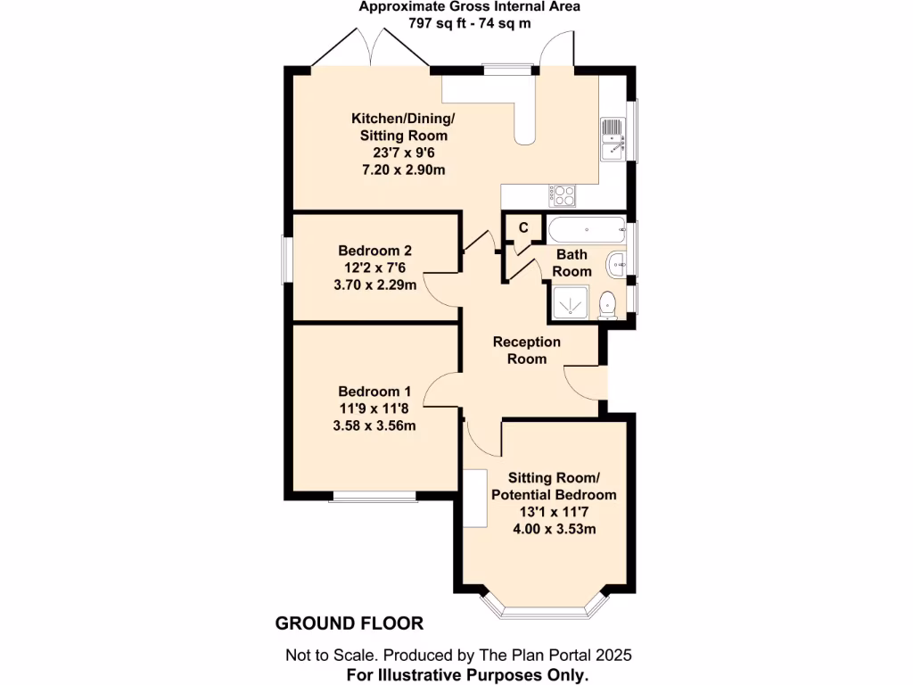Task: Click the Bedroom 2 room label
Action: [374, 251]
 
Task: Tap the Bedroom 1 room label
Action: [374, 392]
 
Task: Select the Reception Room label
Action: [526, 350]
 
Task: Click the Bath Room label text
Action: [572, 262]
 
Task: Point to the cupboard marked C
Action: [523, 227]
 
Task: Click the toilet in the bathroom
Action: [608, 304]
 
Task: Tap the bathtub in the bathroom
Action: [588, 230]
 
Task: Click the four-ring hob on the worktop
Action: [563, 194]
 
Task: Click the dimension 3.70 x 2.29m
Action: [374, 285]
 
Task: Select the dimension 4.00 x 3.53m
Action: [554, 529]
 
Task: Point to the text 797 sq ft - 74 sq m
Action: [470, 22]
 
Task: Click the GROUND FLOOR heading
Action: [349, 623]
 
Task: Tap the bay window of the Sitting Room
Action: [544, 611]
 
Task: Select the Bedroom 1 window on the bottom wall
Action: [374, 496]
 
